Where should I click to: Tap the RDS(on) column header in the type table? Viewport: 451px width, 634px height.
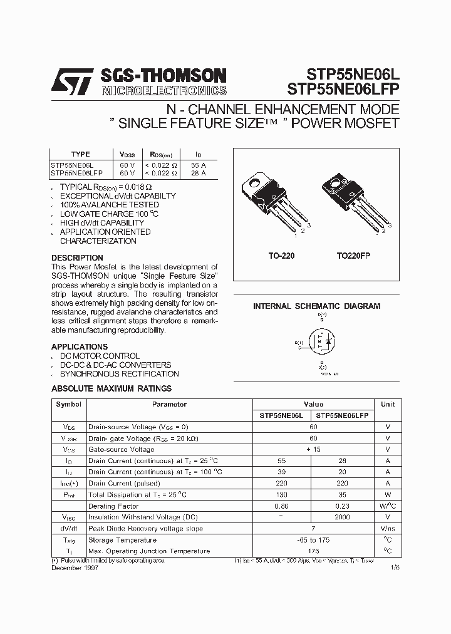[x=160, y=154]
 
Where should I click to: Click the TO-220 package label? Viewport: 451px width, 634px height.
[x=281, y=256]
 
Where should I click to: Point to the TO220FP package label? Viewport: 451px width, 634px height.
[x=358, y=256]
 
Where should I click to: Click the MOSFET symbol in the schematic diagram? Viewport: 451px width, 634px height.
[x=321, y=343]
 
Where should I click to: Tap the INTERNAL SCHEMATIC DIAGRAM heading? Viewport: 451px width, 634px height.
[x=316, y=306]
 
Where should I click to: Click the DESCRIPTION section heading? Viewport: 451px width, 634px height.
[x=77, y=257]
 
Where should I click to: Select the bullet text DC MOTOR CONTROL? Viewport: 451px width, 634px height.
[x=100, y=356]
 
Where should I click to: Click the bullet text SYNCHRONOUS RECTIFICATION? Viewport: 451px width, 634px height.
[x=119, y=373]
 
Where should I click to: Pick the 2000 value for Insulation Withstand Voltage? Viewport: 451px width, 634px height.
[x=342, y=517]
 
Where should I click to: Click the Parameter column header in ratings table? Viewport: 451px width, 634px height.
[x=169, y=404]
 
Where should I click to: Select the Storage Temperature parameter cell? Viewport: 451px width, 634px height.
[x=122, y=539]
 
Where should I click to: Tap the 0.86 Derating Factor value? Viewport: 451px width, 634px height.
[x=282, y=506]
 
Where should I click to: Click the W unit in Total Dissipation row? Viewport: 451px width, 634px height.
[x=388, y=494]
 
